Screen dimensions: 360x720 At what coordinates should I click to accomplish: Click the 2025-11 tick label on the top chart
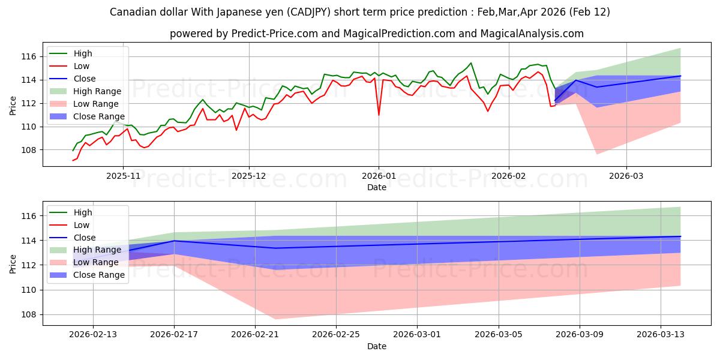(x=123, y=176)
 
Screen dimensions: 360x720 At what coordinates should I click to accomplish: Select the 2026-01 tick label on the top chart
(x=378, y=176)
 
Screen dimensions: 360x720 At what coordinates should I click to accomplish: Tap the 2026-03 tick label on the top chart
(x=626, y=176)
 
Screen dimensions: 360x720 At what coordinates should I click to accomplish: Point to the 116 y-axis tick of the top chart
(x=30, y=56)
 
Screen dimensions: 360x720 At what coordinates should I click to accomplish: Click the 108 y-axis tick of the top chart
(x=30, y=150)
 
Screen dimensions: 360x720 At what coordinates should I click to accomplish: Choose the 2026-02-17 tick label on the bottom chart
(x=174, y=335)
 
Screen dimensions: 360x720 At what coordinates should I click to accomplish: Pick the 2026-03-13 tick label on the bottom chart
(x=661, y=335)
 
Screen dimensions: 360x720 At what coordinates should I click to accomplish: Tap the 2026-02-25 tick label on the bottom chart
(x=336, y=335)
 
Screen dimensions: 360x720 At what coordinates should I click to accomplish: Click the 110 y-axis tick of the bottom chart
(x=30, y=290)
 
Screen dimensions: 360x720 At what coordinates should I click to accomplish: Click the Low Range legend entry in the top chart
(x=95, y=104)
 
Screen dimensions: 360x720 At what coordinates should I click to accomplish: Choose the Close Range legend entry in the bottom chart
(x=98, y=275)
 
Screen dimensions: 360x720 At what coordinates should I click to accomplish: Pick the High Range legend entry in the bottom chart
(x=97, y=250)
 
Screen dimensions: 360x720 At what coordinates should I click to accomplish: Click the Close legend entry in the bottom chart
(x=84, y=238)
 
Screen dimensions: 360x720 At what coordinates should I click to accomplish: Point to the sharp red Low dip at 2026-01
(x=379, y=115)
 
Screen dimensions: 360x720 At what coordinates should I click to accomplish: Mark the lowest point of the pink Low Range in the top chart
(x=597, y=154)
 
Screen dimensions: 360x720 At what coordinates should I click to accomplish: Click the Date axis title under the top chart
(x=377, y=187)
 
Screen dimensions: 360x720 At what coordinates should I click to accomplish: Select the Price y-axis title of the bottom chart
(x=13, y=265)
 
